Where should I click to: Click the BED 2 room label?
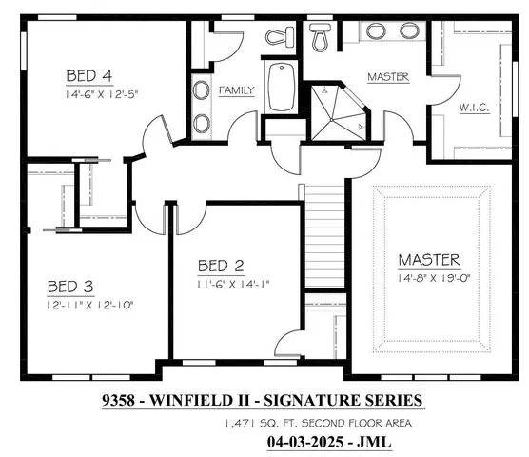pos(223,266)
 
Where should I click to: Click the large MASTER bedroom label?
pos(429,259)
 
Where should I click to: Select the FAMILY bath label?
pos(237,91)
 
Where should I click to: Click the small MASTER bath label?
pos(388,77)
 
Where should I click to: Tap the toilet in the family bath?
pos(279,37)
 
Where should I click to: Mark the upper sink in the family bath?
pos(202,92)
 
